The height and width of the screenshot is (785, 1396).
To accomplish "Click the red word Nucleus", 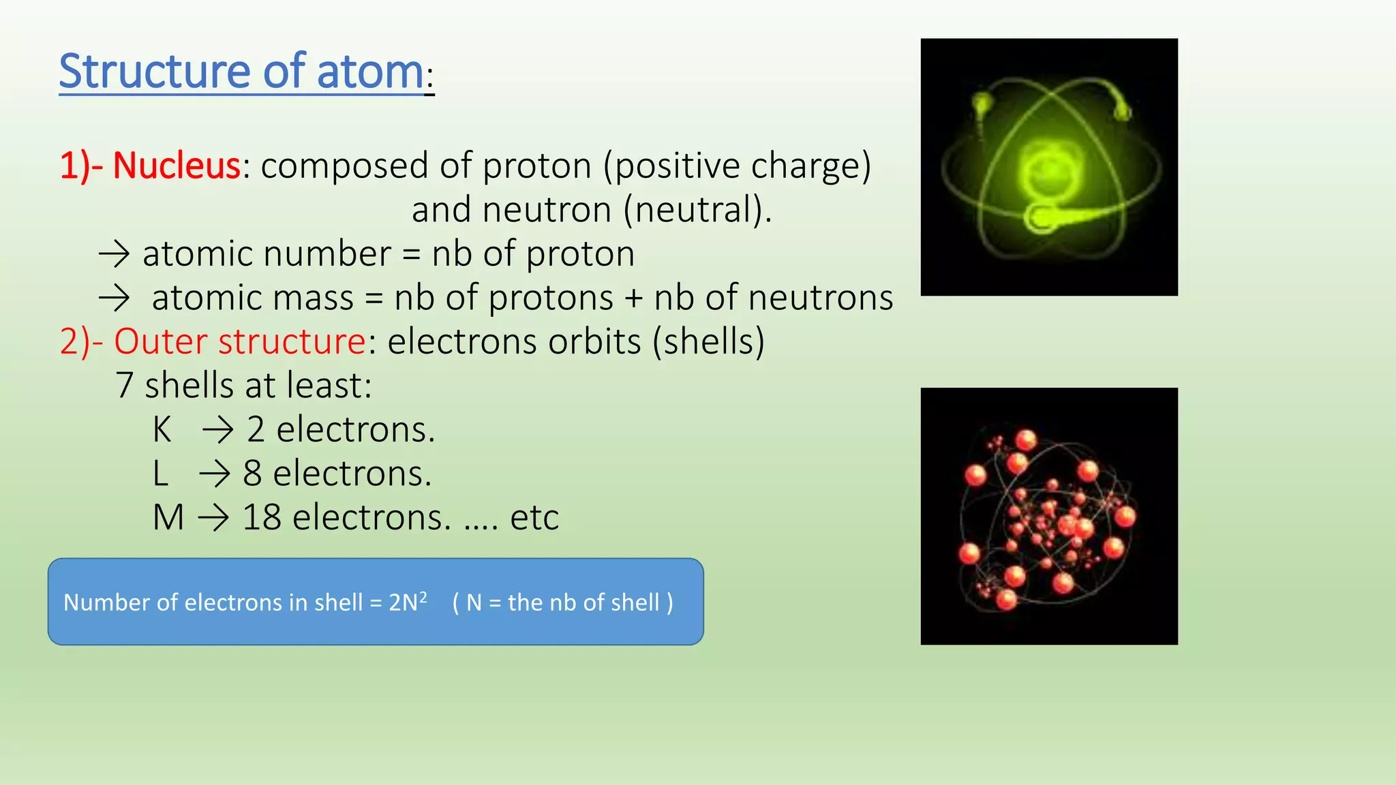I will coord(177,166).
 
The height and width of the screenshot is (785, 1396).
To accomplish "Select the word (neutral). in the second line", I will coord(697,210).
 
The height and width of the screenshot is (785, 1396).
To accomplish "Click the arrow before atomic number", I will coord(114,254).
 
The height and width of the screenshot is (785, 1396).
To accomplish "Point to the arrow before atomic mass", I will coord(114,298).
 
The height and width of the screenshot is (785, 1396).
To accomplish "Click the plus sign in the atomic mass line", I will coord(633,298).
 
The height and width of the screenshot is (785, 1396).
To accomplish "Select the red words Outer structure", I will coord(240,342).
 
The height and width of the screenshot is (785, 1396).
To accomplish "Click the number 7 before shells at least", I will coord(124,386).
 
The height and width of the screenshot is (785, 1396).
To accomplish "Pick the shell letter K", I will coord(162,430).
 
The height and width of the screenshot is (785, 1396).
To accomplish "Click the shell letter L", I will coord(160,474).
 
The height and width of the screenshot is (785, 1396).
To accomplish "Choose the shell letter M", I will coord(168,518).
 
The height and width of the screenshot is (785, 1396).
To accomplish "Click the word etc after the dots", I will coord(534,518).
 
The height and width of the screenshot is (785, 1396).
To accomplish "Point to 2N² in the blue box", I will coord(408,602).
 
